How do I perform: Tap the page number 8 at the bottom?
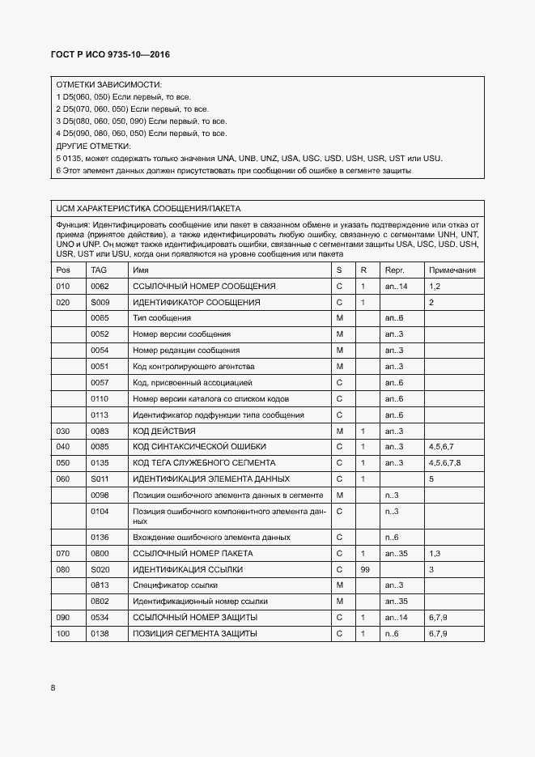tap(53, 687)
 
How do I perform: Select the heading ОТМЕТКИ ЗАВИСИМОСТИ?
tap(108, 84)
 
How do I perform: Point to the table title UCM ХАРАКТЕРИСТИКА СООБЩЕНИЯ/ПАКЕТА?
tap(148, 208)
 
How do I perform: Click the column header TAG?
tap(99, 270)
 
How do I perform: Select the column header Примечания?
tap(452, 270)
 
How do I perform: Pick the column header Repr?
tap(394, 270)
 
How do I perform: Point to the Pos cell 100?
tap(62, 633)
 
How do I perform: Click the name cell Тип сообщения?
tap(162, 318)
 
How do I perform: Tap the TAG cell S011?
tap(100, 478)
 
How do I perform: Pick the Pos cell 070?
tap(62, 553)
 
